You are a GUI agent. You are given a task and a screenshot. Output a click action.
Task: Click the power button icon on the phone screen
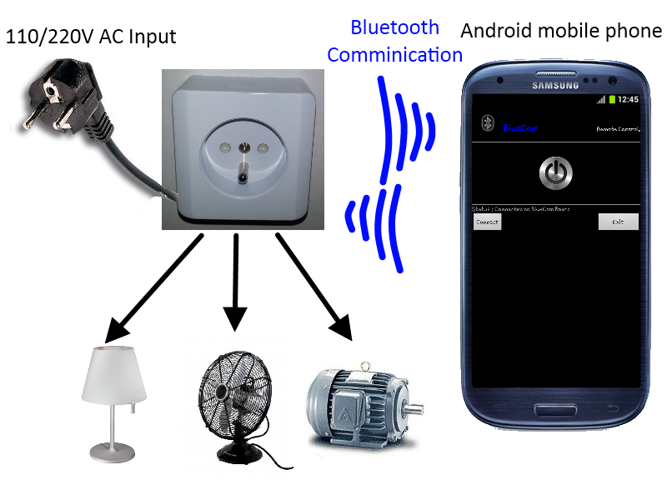556,172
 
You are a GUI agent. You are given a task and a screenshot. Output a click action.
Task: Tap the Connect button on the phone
487,222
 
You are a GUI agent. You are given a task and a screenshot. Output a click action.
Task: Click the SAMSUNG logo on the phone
555,84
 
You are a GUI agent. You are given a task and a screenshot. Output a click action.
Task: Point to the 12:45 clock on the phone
628,99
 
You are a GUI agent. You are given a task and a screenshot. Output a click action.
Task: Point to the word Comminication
394,55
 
